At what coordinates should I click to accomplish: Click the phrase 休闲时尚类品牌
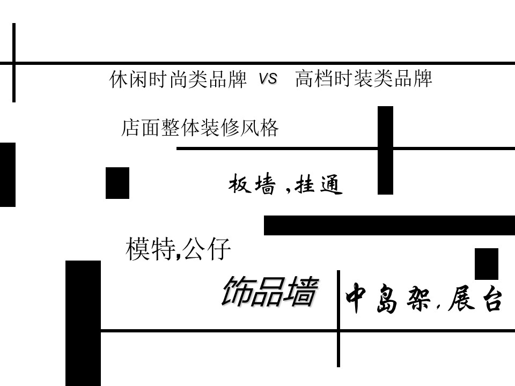tap(178, 80)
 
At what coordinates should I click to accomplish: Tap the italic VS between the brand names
tap(268, 79)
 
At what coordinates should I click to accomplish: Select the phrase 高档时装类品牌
tap(364, 79)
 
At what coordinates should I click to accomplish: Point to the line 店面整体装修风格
tap(200, 129)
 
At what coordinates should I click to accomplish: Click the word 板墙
tap(252, 185)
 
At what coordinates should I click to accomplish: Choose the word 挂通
tap(319, 185)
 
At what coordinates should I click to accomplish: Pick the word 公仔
tap(207, 249)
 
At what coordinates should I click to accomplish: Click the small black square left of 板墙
tap(117, 183)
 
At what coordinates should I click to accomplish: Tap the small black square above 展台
tap(486, 264)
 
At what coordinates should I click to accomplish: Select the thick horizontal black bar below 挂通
tap(389, 225)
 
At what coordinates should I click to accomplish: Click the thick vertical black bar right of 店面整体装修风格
tap(385, 150)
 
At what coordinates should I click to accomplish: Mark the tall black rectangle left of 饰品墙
tap(83, 322)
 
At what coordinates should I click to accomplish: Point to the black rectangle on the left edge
tap(8, 174)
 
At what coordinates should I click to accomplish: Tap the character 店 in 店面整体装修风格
tap(130, 129)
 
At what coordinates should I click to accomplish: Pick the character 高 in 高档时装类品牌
tap(305, 79)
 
